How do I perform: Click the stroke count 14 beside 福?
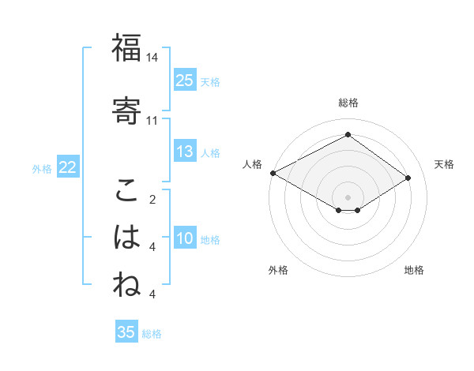152,58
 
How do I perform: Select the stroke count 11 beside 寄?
152,121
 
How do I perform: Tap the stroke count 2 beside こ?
152,200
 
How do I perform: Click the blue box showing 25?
185,80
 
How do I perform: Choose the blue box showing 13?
185,152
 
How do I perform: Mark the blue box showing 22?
68,167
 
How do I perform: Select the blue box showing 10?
185,238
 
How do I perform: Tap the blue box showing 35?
126,332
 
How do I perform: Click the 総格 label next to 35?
152,334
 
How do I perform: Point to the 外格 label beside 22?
42,168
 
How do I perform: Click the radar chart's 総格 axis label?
348,103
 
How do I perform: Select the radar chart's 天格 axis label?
444,164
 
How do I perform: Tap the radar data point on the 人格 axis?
273,173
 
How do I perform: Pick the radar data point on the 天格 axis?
408,178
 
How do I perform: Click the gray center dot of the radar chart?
348,196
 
